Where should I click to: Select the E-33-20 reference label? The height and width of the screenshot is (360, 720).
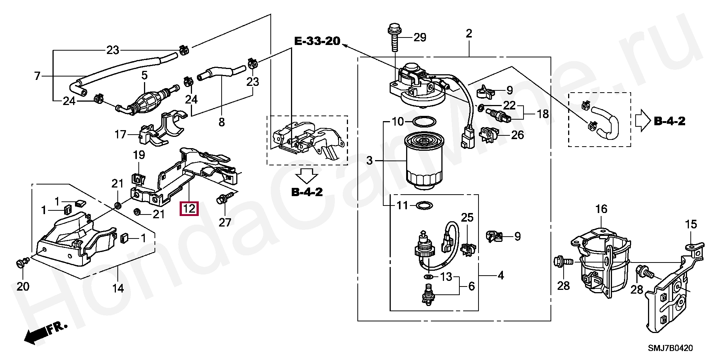pyautogui.click(x=317, y=41)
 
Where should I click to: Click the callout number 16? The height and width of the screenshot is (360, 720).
pyautogui.click(x=601, y=209)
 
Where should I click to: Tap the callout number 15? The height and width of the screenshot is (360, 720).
pyautogui.click(x=691, y=225)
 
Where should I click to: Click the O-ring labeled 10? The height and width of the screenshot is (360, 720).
pyautogui.click(x=424, y=122)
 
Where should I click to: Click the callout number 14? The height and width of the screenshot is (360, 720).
pyautogui.click(x=118, y=288)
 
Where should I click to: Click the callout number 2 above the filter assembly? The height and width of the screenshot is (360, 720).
pyautogui.click(x=469, y=34)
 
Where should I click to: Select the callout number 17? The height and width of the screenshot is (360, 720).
pyautogui.click(x=120, y=134)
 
